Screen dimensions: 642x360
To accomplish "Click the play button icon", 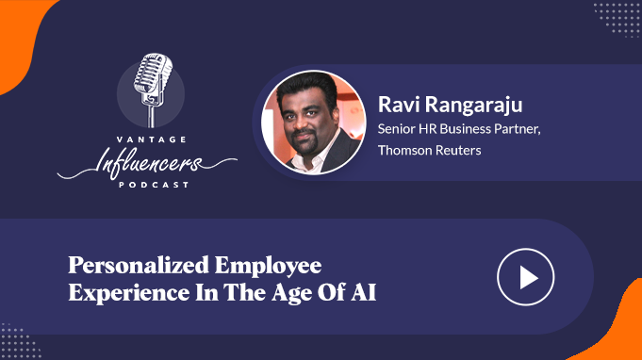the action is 526,277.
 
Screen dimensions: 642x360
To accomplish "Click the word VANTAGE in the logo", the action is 152,139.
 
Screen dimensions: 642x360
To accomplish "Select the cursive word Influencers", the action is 147,163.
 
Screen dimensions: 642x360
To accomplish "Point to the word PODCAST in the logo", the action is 154,185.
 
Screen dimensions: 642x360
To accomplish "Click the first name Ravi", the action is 399,105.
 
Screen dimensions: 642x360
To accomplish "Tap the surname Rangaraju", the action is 473,106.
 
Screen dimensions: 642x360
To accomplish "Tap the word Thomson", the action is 403,150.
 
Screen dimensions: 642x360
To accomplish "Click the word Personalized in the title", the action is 139,266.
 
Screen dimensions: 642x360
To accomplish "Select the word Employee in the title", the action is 268,266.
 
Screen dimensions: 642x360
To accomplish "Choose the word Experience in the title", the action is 129,293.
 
